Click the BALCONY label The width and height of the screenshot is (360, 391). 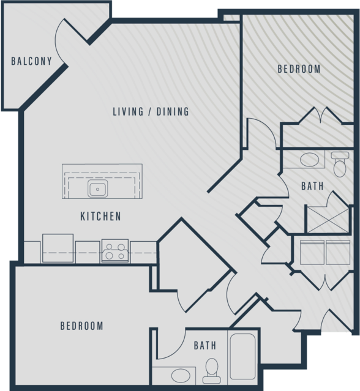click(31, 61)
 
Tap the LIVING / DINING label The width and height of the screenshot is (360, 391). click(151, 111)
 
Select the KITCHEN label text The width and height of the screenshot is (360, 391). click(100, 216)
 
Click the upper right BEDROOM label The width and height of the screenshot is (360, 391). click(299, 69)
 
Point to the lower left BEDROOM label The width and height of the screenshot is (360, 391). click(82, 326)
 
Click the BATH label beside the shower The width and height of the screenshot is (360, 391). click(312, 186)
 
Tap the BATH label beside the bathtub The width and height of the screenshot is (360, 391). click(205, 345)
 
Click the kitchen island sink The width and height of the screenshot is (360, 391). click(97, 188)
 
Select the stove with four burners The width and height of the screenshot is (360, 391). click(115, 251)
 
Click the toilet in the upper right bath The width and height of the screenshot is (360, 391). click(340, 165)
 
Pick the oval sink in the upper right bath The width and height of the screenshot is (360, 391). click(309, 159)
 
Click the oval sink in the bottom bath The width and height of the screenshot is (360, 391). click(181, 376)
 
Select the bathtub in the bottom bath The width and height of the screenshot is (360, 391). click(242, 356)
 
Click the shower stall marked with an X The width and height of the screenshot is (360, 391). click(328, 220)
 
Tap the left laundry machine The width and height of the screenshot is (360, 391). click(312, 252)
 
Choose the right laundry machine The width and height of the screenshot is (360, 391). click(338, 252)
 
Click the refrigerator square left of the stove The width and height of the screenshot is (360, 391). click(58, 248)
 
